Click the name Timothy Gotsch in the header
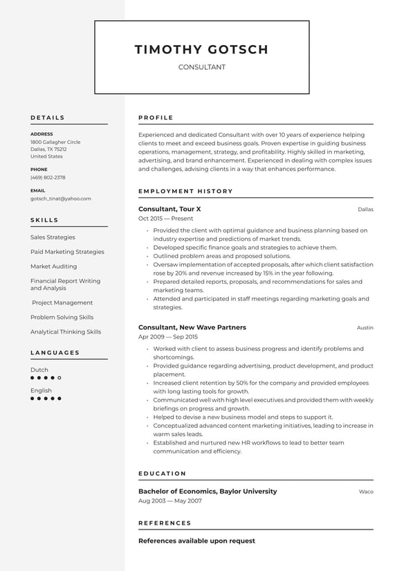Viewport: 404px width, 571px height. (201, 49)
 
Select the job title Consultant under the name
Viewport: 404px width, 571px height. (201, 67)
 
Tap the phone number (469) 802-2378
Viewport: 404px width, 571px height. (48, 177)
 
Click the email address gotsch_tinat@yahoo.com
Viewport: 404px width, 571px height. (61, 199)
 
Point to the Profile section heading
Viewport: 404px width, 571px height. (156, 118)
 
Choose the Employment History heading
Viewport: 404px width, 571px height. (185, 191)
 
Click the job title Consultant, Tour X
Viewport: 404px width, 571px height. (169, 209)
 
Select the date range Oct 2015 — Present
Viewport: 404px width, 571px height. (165, 219)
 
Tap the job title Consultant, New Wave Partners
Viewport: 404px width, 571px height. (192, 327)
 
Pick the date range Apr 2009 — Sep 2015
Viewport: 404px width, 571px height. (168, 337)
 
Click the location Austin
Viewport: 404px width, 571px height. (365, 328)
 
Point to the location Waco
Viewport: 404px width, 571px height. (366, 492)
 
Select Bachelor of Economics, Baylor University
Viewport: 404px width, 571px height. (208, 491)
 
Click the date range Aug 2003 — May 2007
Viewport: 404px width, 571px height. (169, 501)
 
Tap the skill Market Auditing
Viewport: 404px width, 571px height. (54, 266)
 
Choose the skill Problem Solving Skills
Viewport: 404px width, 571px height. (62, 317)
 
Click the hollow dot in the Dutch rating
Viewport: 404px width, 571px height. (59, 378)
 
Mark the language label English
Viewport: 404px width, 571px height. (41, 390)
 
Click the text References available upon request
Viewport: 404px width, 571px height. (196, 541)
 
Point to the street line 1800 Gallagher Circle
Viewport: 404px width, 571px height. (55, 142)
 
